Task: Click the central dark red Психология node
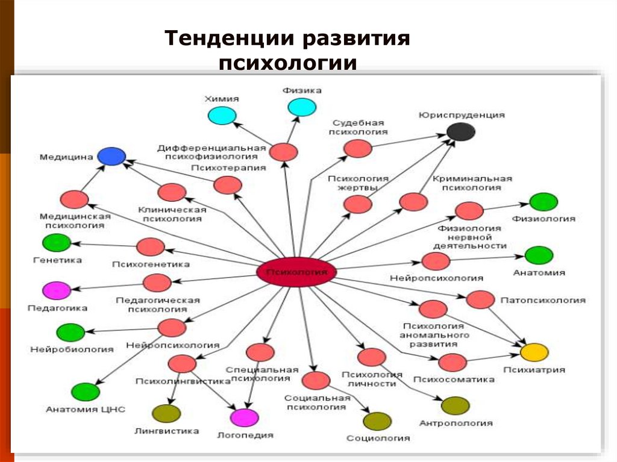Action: coord(296,273)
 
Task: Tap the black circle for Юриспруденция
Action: coord(461,131)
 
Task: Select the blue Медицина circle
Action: coord(111,157)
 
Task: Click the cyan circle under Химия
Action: coord(222,116)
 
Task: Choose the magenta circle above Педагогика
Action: coord(57,291)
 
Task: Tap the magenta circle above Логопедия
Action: coord(244,417)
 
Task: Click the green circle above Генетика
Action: coord(57,243)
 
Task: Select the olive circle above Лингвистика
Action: coord(166,414)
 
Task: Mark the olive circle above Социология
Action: coord(378,421)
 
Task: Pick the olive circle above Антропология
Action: coord(455,406)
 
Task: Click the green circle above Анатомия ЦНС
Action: coord(86,392)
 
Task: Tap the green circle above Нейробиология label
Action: coord(70,332)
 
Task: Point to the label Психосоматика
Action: coord(454,379)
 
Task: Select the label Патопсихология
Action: coord(542,299)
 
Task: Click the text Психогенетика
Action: coord(151,264)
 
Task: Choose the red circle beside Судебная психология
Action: coord(359,148)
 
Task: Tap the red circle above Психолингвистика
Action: coord(182,364)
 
